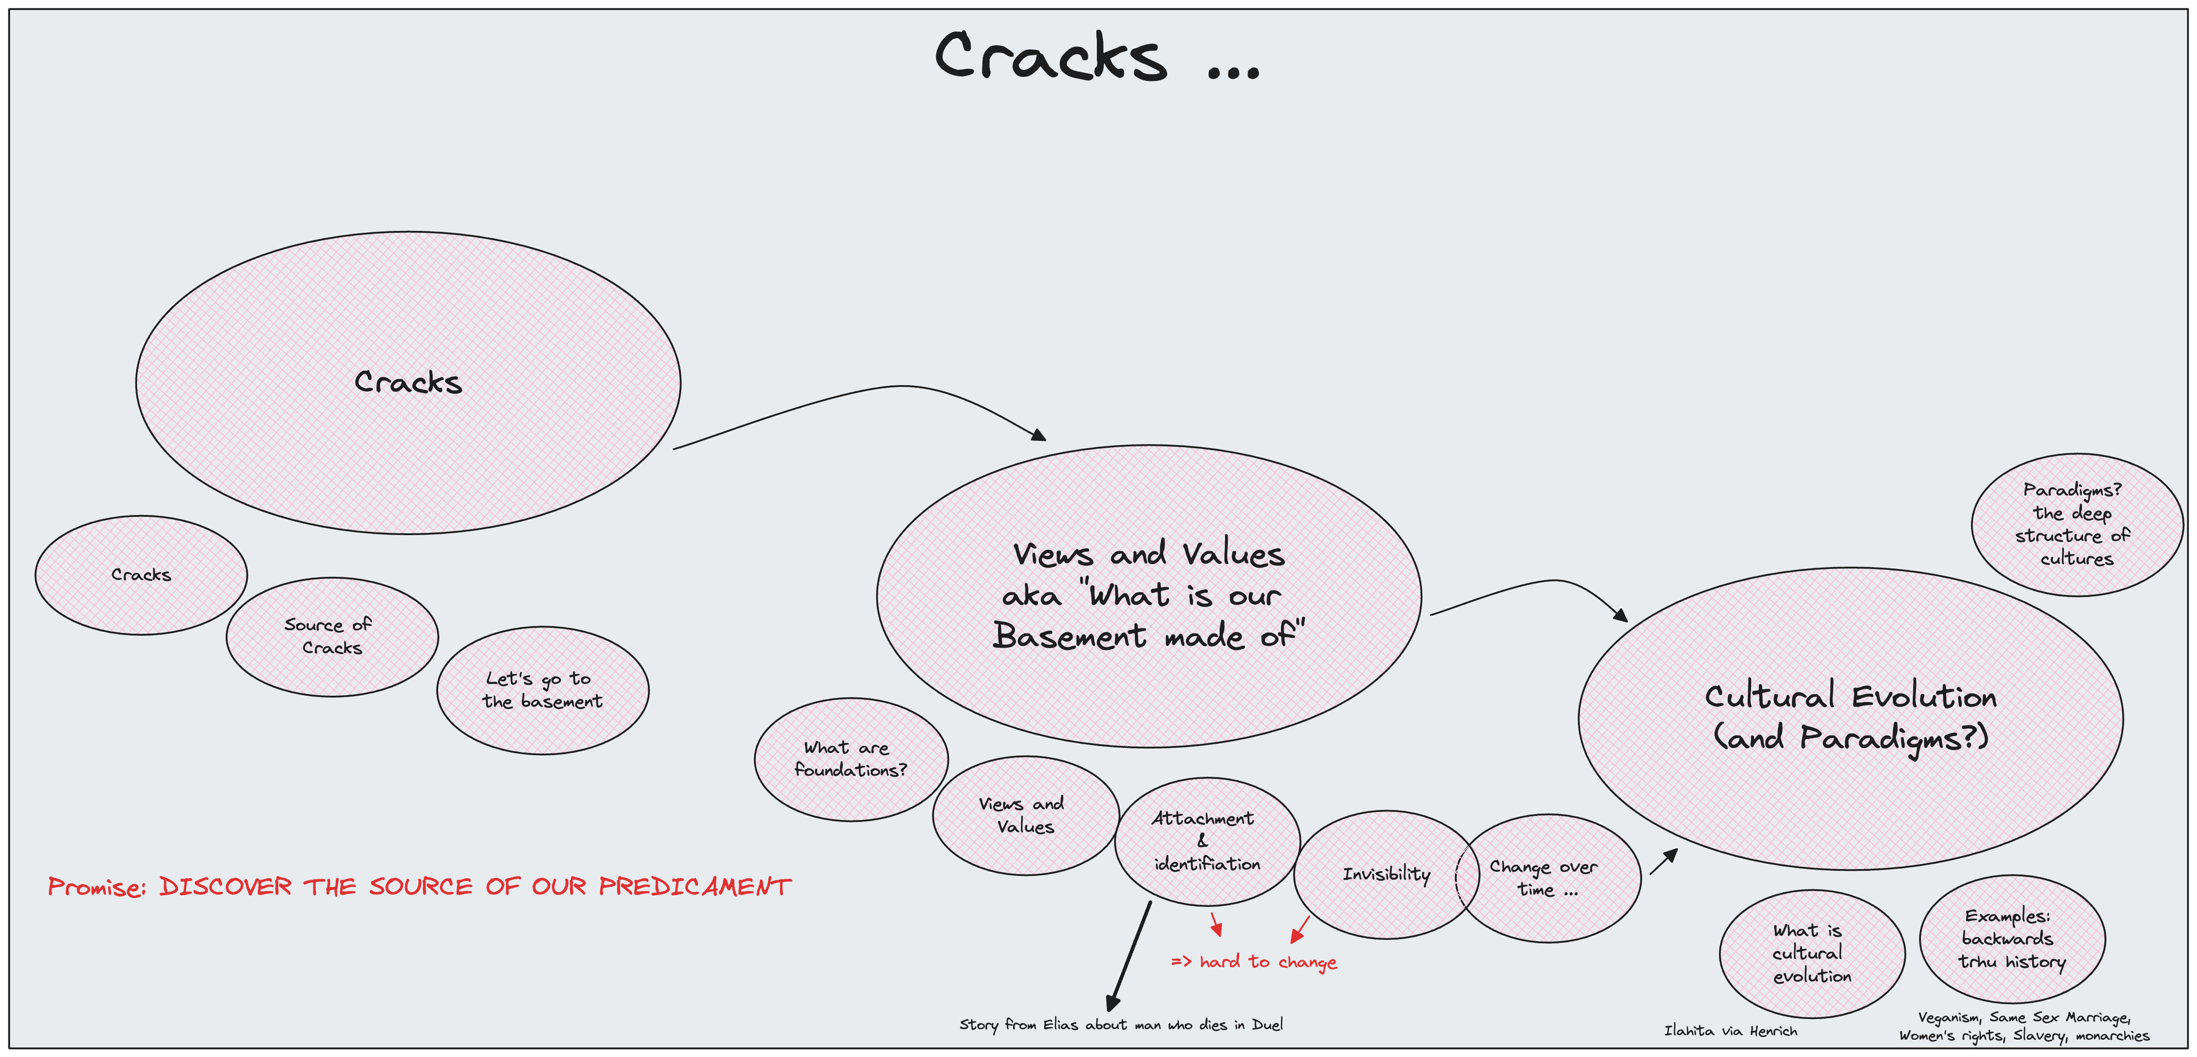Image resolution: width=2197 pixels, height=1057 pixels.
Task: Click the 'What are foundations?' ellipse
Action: (850, 759)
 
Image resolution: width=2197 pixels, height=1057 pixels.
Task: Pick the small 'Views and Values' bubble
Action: (1024, 815)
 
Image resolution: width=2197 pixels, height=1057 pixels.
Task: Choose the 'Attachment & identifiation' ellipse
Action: (1206, 840)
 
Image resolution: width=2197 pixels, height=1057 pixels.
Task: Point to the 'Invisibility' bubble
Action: (1385, 873)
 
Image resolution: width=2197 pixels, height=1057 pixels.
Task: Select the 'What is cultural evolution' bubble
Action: (1811, 953)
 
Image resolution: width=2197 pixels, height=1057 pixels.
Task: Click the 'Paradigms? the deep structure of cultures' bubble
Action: (2076, 524)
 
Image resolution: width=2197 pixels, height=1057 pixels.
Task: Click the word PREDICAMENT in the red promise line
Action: (694, 887)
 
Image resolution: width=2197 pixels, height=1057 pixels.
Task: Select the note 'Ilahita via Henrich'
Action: (1731, 1031)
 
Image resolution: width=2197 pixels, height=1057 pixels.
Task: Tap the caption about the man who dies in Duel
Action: (1121, 1024)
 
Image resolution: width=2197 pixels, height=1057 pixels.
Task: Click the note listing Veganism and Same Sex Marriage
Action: (2024, 1026)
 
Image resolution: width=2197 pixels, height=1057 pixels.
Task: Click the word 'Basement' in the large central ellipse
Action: (1069, 636)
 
